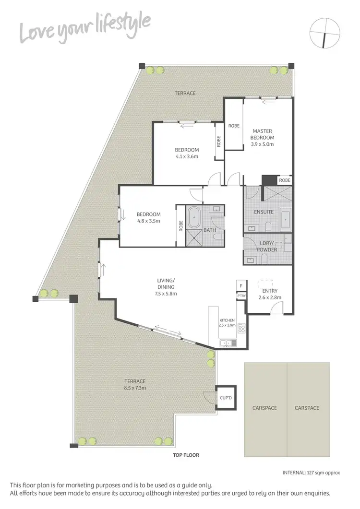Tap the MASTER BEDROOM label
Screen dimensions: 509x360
pyautogui.click(x=262, y=134)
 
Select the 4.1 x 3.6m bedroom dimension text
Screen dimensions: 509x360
pyautogui.click(x=187, y=156)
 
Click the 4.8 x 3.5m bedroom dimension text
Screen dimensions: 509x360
pyautogui.click(x=148, y=221)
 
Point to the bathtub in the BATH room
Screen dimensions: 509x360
pyautogui.click(x=193, y=218)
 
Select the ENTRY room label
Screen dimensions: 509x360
pyautogui.click(x=269, y=291)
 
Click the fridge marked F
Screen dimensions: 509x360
pyautogui.click(x=241, y=286)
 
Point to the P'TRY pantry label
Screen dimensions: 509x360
pyautogui.click(x=241, y=296)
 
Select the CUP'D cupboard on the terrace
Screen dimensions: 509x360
pyautogui.click(x=226, y=398)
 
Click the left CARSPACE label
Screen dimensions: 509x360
pyautogui.click(x=265, y=408)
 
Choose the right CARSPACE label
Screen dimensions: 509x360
pyautogui.click(x=307, y=408)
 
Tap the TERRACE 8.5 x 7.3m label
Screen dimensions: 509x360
pyautogui.click(x=133, y=384)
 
